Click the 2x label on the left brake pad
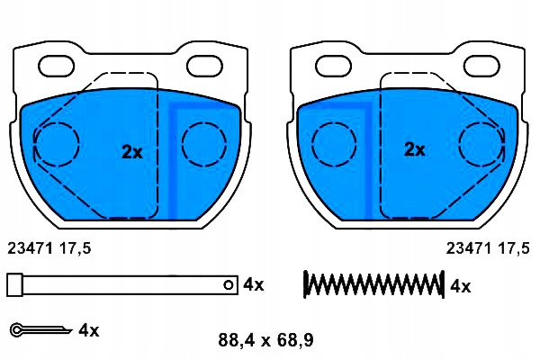click(x=132, y=152)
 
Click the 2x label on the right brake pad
click(x=414, y=149)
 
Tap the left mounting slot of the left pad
click(x=56, y=66)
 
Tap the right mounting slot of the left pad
click(x=204, y=66)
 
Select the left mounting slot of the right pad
click(x=334, y=66)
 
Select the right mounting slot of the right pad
click(x=481, y=66)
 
